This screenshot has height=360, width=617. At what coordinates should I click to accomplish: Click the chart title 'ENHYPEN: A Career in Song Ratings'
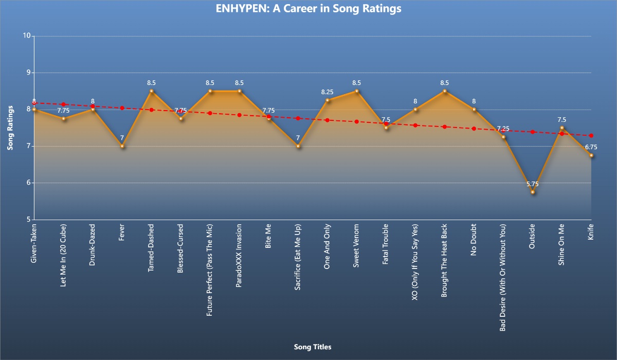click(308, 9)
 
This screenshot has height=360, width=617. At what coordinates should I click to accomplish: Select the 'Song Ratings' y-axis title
click(10, 128)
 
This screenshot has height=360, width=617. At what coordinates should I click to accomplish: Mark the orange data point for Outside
click(533, 192)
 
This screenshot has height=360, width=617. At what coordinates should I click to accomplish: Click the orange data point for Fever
click(122, 146)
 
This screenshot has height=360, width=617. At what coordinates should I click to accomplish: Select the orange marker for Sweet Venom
click(357, 91)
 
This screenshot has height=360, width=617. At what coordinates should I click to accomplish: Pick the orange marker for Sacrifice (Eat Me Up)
click(298, 146)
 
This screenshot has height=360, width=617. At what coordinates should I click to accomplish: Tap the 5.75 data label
click(533, 184)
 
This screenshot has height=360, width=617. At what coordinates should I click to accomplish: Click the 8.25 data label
click(328, 92)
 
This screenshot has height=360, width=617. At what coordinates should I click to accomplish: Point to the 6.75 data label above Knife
click(591, 147)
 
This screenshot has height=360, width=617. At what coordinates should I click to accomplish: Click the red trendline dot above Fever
click(122, 108)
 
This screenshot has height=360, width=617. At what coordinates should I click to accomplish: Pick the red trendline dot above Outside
click(533, 132)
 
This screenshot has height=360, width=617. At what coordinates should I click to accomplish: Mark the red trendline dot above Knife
click(591, 135)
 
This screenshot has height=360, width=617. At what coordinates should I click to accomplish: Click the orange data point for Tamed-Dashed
click(151, 91)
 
